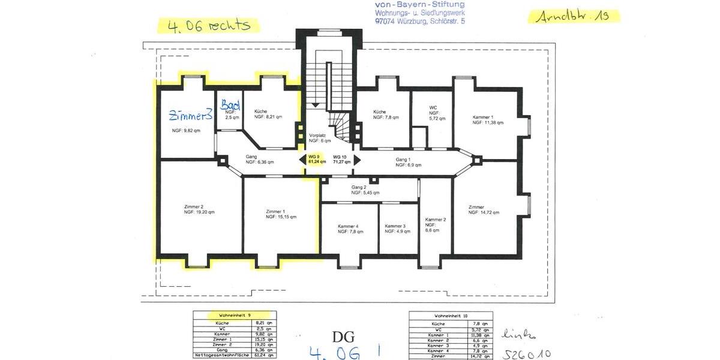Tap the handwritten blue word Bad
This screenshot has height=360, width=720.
click(230, 105)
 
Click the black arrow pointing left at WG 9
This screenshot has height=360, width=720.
click(302, 160)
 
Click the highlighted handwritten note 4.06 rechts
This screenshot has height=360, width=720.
click(208, 25)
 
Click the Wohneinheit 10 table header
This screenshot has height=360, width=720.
click(451, 316)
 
